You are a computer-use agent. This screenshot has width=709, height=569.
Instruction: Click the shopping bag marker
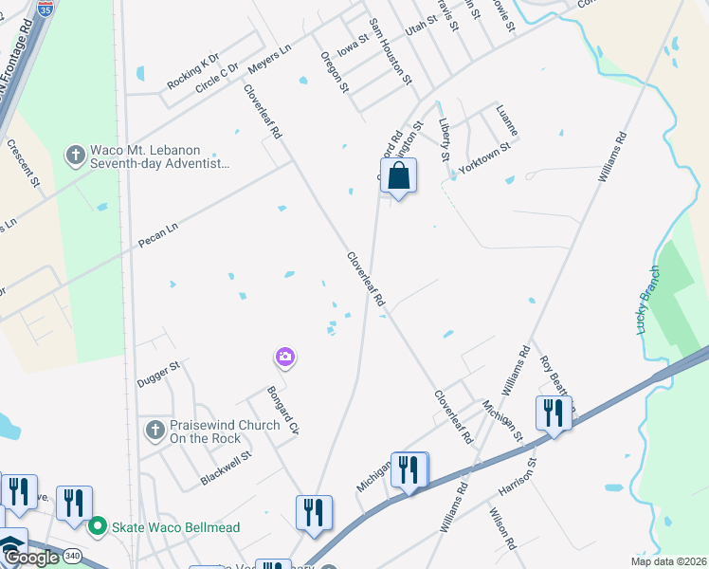pos(399,176)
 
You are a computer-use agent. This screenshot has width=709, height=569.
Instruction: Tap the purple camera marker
pos(284,358)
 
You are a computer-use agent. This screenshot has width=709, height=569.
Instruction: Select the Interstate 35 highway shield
pos(45,8)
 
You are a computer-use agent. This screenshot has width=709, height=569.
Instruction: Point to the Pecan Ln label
pos(158,229)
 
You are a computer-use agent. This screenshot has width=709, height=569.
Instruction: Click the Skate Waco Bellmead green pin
pos(96,525)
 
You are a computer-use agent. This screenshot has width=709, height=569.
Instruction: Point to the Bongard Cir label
pos(282,411)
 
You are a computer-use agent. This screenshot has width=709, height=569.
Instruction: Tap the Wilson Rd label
pos(502,530)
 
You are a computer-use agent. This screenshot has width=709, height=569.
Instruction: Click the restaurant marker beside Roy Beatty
pos(552,413)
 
